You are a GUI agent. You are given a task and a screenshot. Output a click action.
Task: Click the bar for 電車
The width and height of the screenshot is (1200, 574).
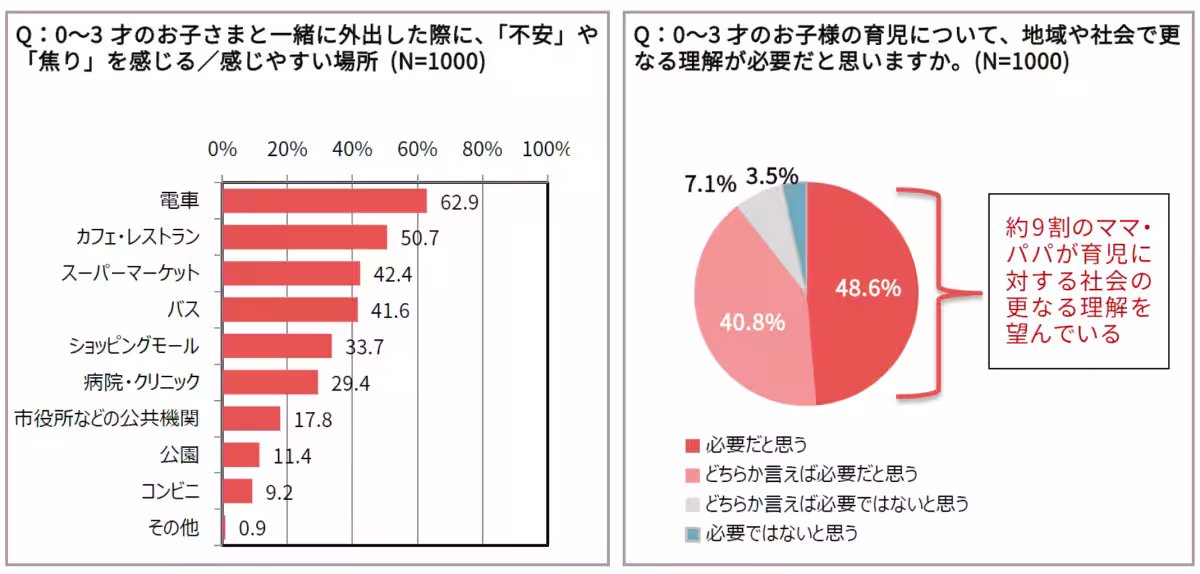tap(324, 201)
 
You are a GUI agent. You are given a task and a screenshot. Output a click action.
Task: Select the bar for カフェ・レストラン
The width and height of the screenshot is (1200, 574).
tap(304, 237)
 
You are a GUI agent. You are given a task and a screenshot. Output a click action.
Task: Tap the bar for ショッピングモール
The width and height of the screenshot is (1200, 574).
tap(277, 346)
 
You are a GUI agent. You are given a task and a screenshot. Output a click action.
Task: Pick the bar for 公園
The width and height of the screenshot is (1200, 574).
tap(241, 455)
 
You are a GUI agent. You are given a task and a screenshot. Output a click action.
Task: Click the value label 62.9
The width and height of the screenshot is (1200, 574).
tap(459, 202)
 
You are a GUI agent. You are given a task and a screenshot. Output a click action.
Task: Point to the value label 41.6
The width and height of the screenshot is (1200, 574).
tap(390, 310)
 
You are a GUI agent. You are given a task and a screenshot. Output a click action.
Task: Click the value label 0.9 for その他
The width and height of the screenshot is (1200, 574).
tap(250, 528)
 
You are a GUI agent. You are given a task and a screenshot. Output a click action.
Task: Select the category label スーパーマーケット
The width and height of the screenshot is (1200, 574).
tap(136, 273)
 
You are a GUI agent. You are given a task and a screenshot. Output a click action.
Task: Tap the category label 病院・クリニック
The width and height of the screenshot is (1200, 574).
tap(142, 382)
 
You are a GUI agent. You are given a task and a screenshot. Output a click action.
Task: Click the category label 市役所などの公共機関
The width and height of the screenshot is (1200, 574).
tap(107, 418)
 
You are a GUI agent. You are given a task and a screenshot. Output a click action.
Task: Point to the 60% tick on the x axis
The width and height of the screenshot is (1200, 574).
tap(417, 149)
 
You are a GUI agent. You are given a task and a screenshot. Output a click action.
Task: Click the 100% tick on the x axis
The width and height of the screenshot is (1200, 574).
tap(545, 149)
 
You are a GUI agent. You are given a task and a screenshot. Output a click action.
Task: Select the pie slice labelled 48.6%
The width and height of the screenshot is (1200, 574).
tap(865, 290)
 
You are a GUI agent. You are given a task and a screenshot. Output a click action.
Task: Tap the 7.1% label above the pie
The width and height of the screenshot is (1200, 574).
tap(710, 184)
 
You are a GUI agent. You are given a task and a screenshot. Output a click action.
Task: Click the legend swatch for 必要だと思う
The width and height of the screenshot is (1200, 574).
tap(692, 445)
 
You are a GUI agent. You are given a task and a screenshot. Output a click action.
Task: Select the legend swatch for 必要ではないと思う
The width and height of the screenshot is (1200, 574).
tap(692, 534)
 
